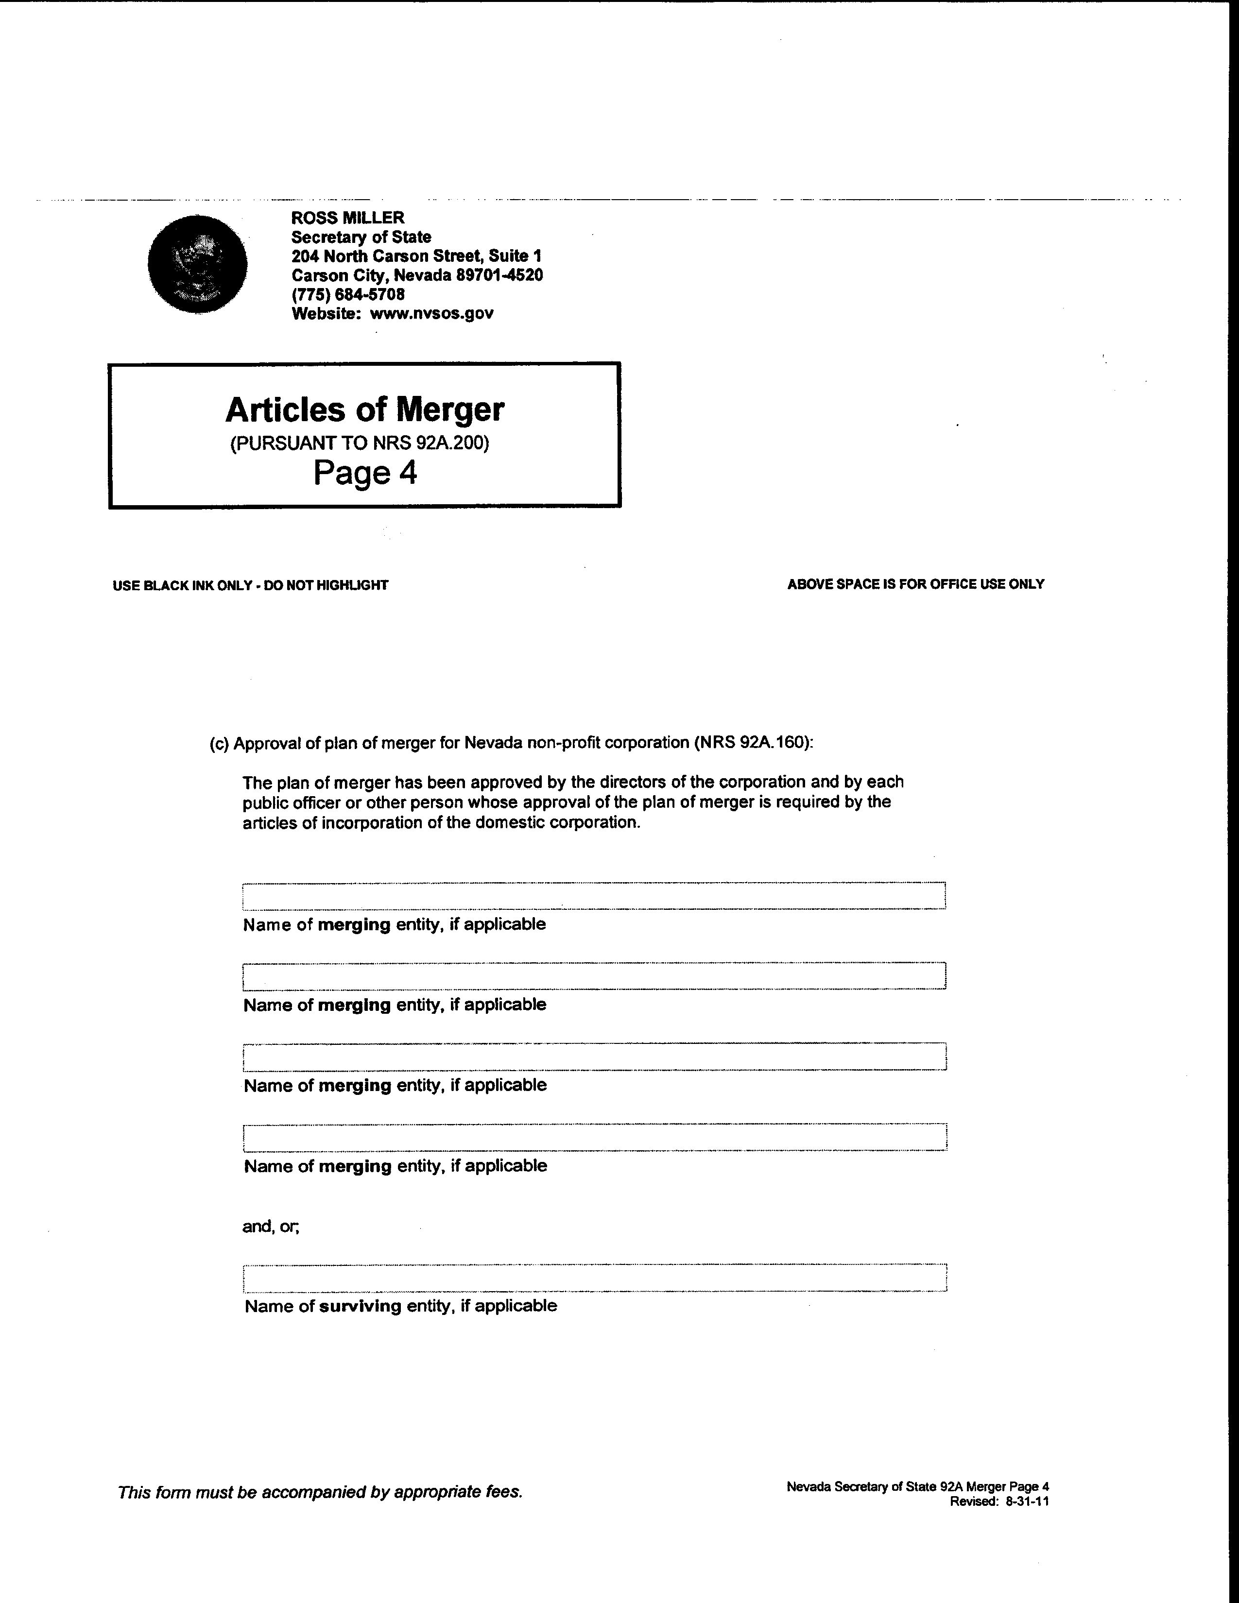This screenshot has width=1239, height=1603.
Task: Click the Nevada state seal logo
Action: click(x=197, y=264)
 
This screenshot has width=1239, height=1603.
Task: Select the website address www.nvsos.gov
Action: click(x=431, y=313)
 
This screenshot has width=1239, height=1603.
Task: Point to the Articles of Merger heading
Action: click(x=365, y=409)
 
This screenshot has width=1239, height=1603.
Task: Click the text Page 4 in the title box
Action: click(x=365, y=473)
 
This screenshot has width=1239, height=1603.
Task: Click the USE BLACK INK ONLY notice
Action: click(x=250, y=585)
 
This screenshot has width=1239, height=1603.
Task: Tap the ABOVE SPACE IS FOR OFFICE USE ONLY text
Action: click(x=915, y=584)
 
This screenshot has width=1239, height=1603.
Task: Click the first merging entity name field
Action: click(x=594, y=895)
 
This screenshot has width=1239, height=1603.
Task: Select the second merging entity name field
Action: click(x=594, y=975)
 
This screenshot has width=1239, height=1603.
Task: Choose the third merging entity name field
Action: click(x=594, y=1056)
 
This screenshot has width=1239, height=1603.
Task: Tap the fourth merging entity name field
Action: click(x=594, y=1137)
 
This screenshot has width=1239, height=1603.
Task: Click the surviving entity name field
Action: click(x=594, y=1278)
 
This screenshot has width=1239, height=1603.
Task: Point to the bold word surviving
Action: click(x=361, y=1306)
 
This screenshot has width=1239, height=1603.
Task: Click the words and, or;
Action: click(x=271, y=1227)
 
